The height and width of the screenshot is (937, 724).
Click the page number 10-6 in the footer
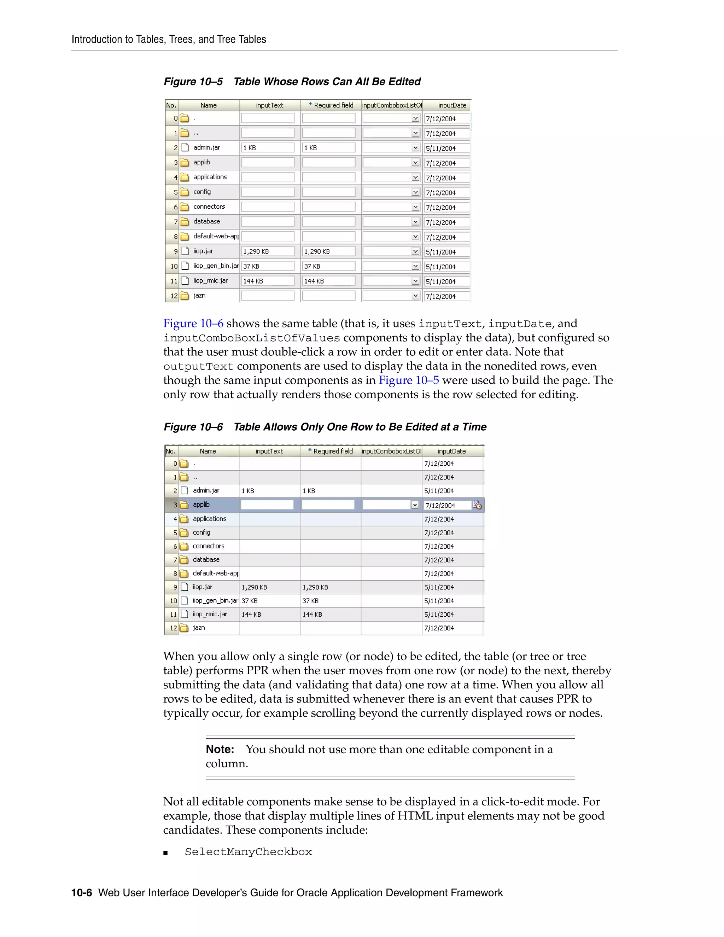pos(82,893)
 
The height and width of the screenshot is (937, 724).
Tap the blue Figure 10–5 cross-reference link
pos(408,380)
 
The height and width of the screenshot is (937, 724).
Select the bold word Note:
pos(220,749)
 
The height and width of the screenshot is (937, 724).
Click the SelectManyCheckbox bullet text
pos(248,852)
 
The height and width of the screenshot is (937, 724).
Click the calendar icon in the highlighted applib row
pos(477,505)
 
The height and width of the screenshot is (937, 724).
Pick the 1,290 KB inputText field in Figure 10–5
pos(267,251)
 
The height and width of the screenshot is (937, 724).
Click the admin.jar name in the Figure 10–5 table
pos(206,147)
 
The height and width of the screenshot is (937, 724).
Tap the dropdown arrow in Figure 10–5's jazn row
pos(415,296)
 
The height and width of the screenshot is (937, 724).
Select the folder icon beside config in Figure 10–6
pos(184,532)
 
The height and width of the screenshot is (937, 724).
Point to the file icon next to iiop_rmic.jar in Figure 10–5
pos(185,281)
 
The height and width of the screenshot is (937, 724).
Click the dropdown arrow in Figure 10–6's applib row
pos(414,505)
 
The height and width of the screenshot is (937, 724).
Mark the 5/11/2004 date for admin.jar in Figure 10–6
pos(439,491)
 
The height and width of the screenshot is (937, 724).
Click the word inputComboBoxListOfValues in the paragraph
pos(251,338)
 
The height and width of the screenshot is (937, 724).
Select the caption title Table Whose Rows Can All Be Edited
pos(327,82)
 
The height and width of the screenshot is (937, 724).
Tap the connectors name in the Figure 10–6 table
pos(209,546)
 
